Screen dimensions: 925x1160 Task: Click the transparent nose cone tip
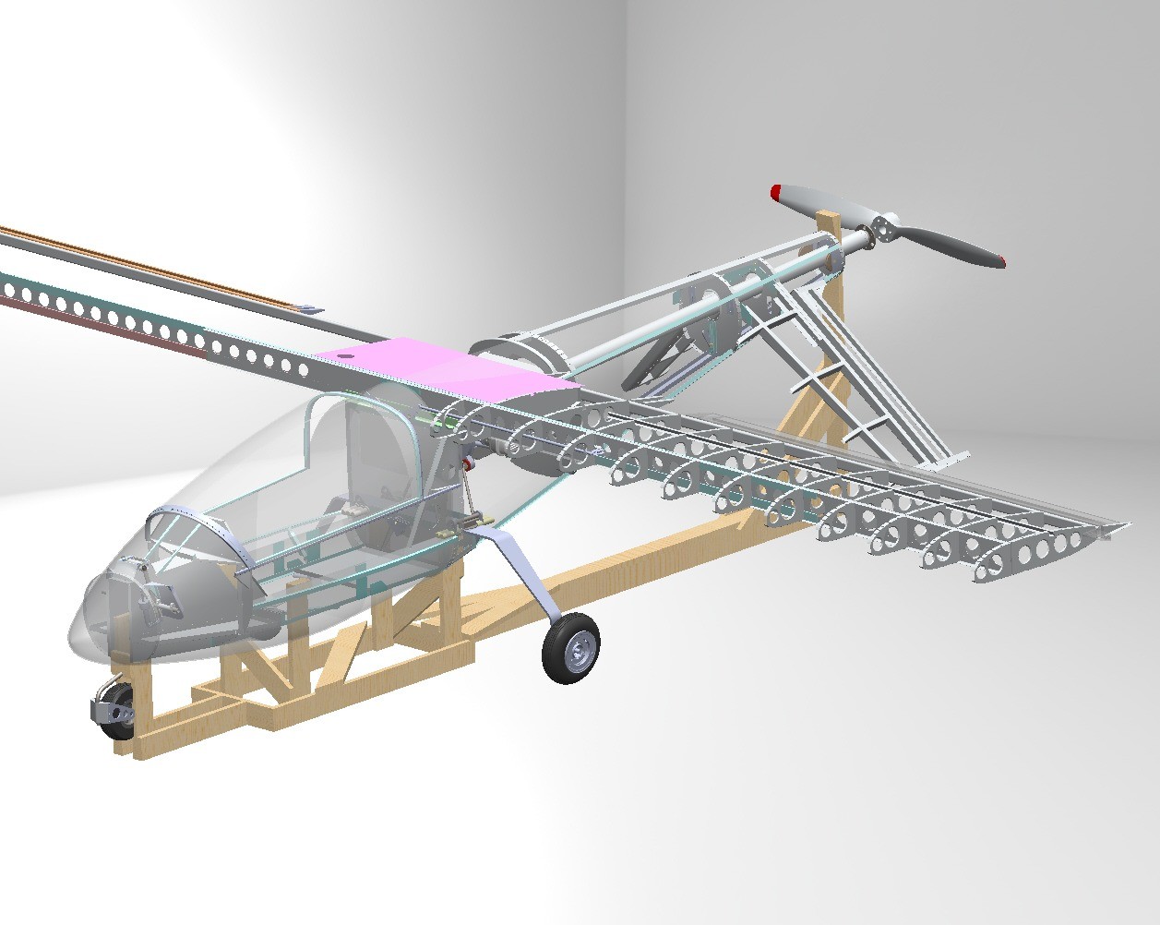78,628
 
